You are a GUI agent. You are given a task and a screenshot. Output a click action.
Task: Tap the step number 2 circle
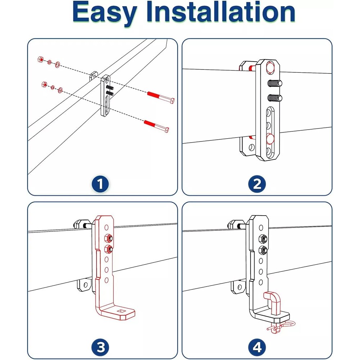tap(257, 185)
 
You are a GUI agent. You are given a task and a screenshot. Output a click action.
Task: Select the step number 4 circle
tap(257, 348)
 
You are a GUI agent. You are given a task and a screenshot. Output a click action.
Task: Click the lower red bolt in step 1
tap(156, 125)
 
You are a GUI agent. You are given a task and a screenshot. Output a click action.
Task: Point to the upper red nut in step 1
tap(41, 59)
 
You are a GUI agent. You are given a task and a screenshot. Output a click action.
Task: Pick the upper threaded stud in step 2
tap(275, 84)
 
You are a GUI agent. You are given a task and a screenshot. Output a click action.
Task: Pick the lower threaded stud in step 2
tap(275, 97)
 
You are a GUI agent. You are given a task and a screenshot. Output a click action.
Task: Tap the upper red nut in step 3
tap(107, 238)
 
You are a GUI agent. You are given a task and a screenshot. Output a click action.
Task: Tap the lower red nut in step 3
tap(107, 248)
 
